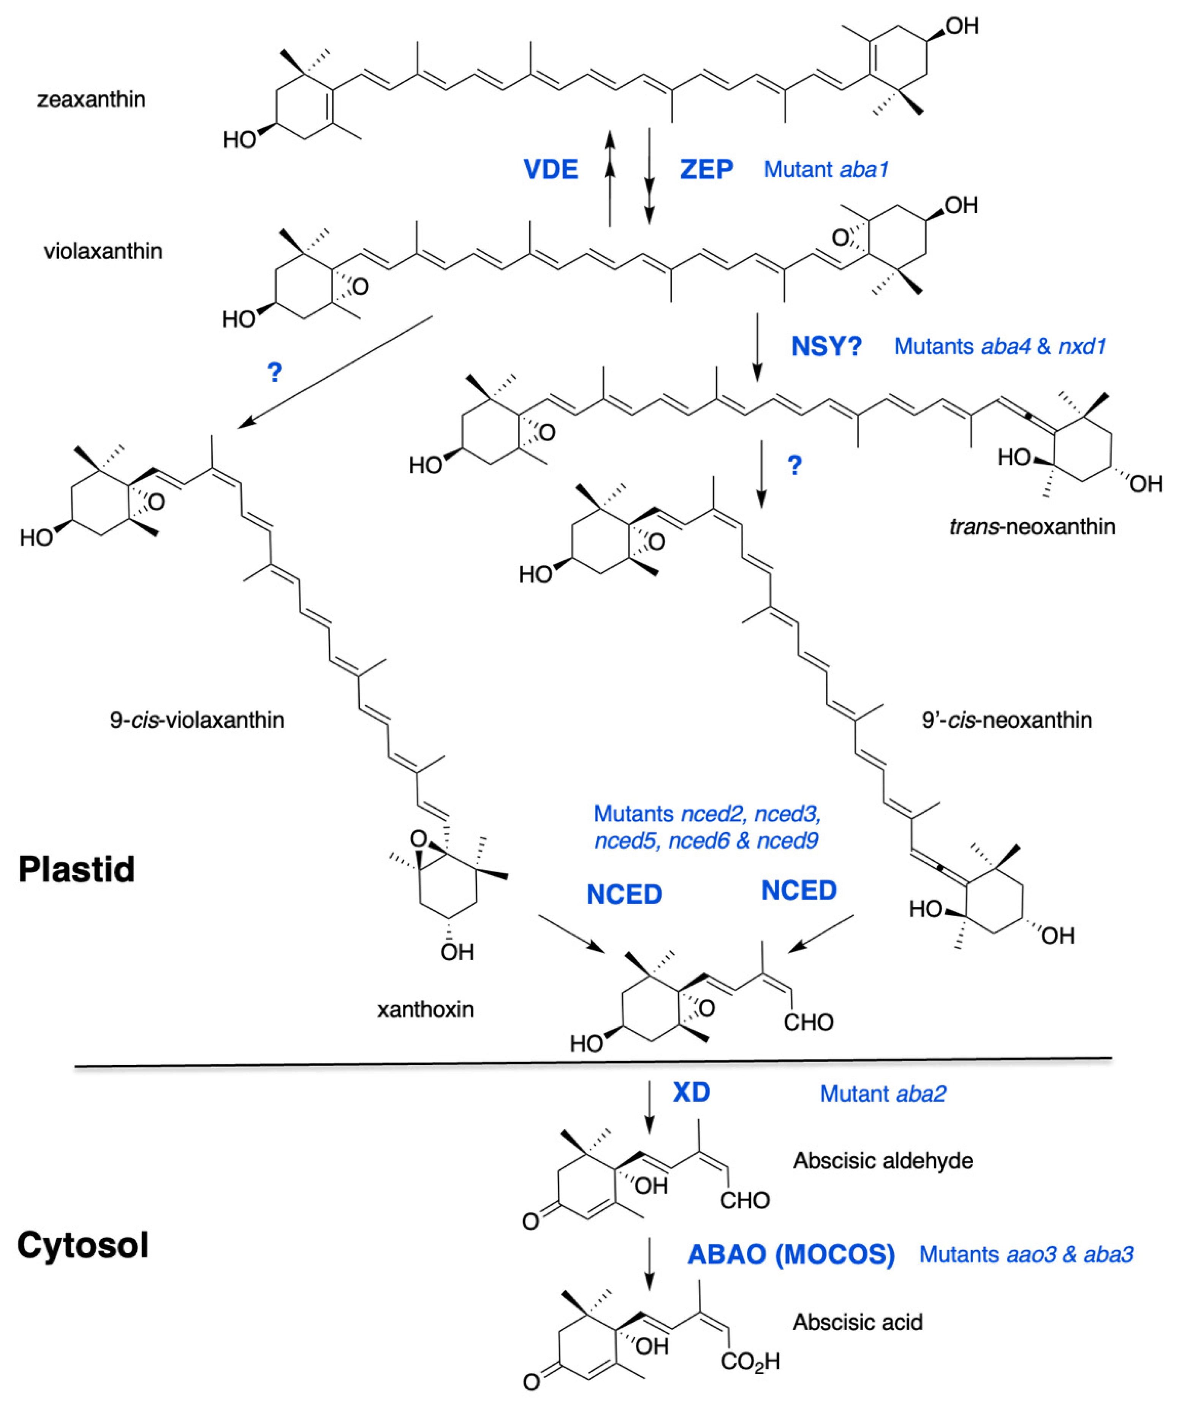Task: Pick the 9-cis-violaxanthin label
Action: coord(197,720)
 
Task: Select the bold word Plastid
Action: coord(76,869)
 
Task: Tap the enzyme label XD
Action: coord(691,1092)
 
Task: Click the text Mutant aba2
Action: coord(882,1094)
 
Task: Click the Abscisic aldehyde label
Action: coord(882,1161)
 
